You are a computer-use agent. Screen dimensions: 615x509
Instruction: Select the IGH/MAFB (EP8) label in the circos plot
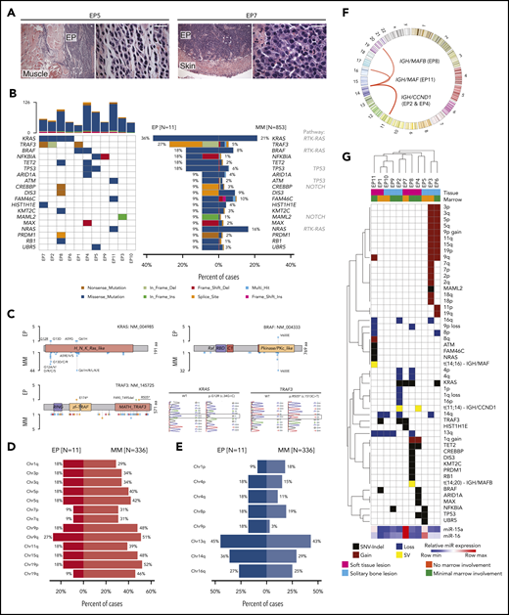(x=431, y=51)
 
